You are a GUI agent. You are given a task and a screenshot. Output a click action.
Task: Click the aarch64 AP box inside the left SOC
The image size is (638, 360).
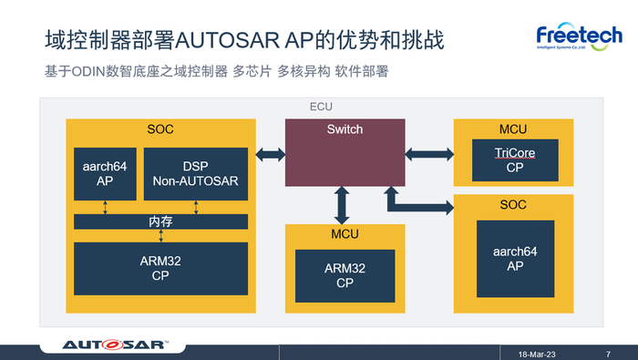pos(105,173)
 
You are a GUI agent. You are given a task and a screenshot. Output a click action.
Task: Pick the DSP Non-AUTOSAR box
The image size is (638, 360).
pos(195,173)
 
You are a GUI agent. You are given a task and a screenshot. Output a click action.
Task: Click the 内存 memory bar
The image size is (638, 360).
pos(160,221)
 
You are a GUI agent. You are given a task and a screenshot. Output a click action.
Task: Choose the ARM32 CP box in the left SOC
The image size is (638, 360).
pos(160,268)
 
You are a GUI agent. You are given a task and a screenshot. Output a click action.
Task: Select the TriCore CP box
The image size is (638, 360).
pos(514,160)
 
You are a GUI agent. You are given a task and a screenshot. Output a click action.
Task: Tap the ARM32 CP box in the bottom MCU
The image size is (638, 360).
pos(345,276)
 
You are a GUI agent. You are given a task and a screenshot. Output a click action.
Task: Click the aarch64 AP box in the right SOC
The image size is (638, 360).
pos(514,259)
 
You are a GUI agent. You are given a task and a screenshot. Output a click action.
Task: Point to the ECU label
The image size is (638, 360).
pos(322,107)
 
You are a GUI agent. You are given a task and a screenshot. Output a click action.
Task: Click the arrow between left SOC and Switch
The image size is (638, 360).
pos(271,155)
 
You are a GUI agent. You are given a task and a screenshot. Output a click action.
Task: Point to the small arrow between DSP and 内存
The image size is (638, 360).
pos(196,207)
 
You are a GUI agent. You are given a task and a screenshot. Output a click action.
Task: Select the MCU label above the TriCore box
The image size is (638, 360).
pos(513,129)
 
